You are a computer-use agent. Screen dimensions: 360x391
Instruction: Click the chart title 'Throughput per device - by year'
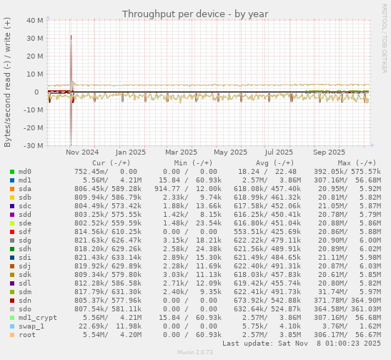pos(194,14)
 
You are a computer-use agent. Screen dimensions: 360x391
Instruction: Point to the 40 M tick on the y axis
pos(34,21)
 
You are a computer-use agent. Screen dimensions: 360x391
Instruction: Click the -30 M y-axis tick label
pos(33,146)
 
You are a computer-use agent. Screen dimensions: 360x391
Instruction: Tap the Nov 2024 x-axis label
pos(82,152)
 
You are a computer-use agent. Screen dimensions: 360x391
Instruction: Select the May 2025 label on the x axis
pos(230,152)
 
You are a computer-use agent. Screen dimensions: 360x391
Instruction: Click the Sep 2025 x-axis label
pos(329,152)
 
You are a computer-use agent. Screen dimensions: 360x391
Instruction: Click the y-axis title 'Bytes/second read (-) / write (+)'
pos(8,82)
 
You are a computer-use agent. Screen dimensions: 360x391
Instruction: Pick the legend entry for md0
pos(24,172)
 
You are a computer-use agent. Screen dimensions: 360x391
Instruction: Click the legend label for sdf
pos(24,232)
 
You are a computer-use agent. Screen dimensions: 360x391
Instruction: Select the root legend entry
pos(26,334)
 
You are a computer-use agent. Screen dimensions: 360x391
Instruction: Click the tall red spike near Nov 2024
pos(71,64)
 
